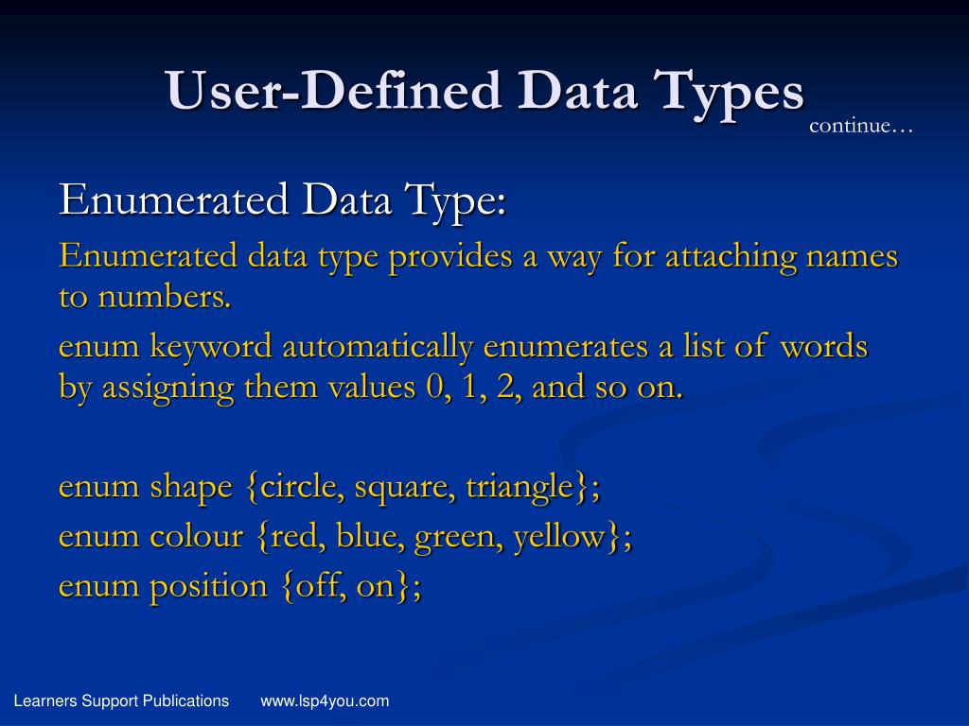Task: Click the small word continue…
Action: pos(861,126)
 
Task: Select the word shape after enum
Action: pos(190,487)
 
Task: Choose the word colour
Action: pos(196,537)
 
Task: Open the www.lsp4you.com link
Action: pos(325,700)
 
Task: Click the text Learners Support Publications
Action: pos(121,700)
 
